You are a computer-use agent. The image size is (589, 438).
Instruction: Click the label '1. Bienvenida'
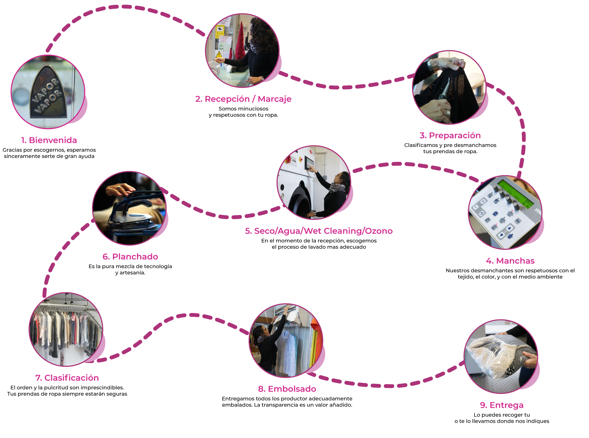coord(49,140)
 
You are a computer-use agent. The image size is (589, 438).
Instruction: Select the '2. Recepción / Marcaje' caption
coord(243,99)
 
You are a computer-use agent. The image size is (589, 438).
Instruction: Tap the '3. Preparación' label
coord(450,135)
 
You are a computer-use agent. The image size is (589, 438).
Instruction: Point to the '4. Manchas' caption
coord(510,261)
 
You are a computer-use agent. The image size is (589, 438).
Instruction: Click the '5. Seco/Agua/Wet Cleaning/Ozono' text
coord(319,231)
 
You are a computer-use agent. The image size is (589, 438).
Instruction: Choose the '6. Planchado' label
coord(130,257)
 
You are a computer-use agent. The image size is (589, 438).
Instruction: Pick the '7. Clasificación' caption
coord(67,378)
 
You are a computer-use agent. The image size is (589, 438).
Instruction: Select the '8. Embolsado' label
coord(287,389)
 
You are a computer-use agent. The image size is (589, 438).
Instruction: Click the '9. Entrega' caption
coord(502,405)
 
